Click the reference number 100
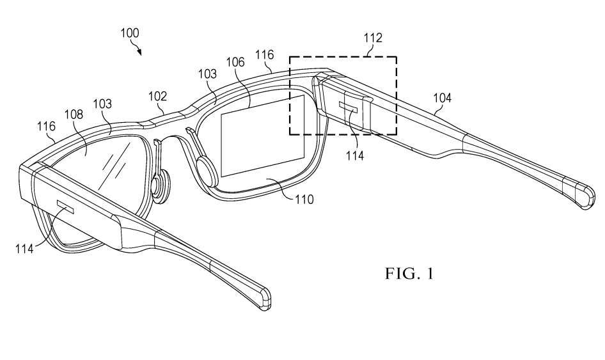click(129, 33)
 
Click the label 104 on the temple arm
click(441, 98)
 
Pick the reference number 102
click(158, 96)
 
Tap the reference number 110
click(304, 199)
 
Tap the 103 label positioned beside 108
click(102, 103)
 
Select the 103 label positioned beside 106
click(207, 74)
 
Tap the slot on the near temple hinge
click(66, 206)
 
